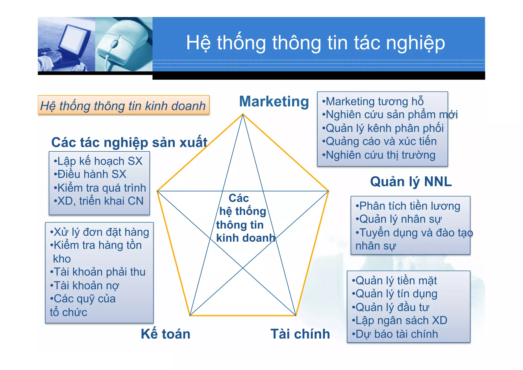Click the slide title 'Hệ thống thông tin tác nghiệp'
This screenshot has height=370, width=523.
coord(315,43)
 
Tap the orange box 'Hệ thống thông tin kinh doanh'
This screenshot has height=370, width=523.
coord(123,106)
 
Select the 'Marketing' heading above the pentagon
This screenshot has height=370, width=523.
coord(274,102)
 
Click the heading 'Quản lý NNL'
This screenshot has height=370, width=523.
coord(411,182)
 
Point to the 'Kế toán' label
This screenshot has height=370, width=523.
coord(165,334)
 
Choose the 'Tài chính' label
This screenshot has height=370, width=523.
coord(300,334)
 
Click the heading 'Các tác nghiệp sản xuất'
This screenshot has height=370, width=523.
coord(129,142)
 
